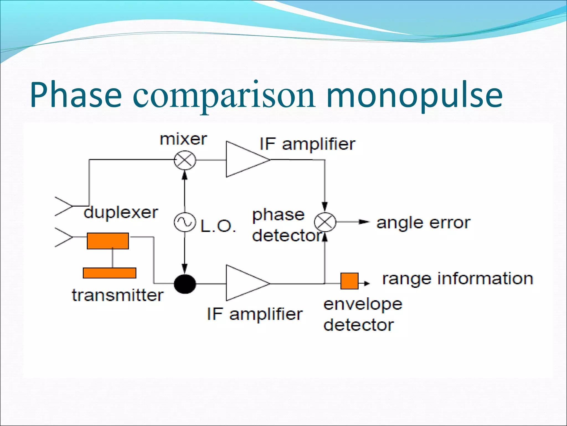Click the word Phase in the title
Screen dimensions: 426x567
pos(76,95)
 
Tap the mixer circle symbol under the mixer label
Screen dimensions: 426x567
pos(185,160)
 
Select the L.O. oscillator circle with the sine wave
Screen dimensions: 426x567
pos(184,222)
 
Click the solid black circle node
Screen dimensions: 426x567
pos(185,284)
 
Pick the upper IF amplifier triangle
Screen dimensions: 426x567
pos(244,159)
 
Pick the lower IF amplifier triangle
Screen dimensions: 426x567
pos(244,283)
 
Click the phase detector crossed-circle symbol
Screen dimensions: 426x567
pos(325,222)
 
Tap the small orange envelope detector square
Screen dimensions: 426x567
pos(349,281)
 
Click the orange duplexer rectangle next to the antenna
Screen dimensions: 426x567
pos(108,241)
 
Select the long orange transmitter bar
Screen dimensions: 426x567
pos(110,273)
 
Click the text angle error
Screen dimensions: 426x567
pos(423,223)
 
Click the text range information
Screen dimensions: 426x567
pos(457,279)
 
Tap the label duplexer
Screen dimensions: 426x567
pos(121,213)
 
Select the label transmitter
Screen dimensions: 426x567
pos(117,295)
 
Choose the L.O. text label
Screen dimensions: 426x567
pos(218,226)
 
